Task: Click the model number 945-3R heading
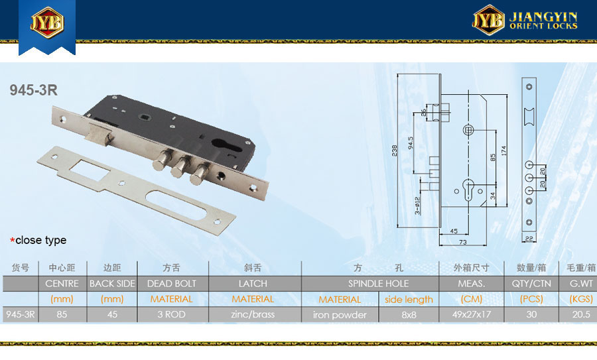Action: (34, 90)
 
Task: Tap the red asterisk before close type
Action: (13, 240)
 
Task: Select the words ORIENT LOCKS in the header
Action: (543, 27)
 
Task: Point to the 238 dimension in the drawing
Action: (395, 150)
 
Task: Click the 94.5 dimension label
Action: (411, 143)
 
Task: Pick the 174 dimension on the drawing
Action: (503, 150)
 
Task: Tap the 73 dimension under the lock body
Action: (462, 242)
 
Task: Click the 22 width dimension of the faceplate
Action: (529, 239)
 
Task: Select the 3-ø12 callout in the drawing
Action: (417, 206)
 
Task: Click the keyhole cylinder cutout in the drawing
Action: (468, 189)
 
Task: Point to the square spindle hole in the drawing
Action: (468, 130)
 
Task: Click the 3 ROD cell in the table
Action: (172, 315)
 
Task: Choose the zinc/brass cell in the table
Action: (253, 315)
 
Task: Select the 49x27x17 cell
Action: (472, 315)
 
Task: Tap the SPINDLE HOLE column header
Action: (379, 284)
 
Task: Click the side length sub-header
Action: (409, 300)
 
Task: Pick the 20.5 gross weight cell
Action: (581, 315)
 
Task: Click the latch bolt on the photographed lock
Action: (98, 133)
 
